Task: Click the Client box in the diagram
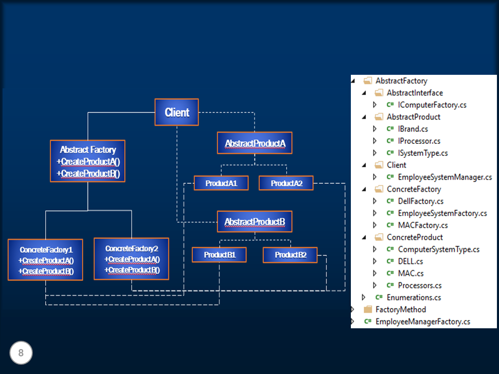pos(177,112)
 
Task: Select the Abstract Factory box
pos(88,161)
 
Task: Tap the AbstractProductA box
pos(255,143)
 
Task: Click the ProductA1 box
pos(221,183)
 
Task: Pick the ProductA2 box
pos(285,183)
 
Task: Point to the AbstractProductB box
pos(255,222)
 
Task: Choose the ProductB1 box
pos(219,255)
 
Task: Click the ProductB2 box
pos(290,255)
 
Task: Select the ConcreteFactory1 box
pos(45,260)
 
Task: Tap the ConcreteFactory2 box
pos(132,258)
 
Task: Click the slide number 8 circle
pos(21,353)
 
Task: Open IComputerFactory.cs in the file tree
pos(432,105)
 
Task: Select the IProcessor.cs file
pos(419,141)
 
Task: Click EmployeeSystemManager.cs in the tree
pos(444,177)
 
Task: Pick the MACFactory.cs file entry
pos(422,225)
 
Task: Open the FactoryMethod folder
pos(400,310)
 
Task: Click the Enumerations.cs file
pos(414,298)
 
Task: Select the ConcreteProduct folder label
pos(415,237)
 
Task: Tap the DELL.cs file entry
pos(410,261)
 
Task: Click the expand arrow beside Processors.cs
pos(375,285)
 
